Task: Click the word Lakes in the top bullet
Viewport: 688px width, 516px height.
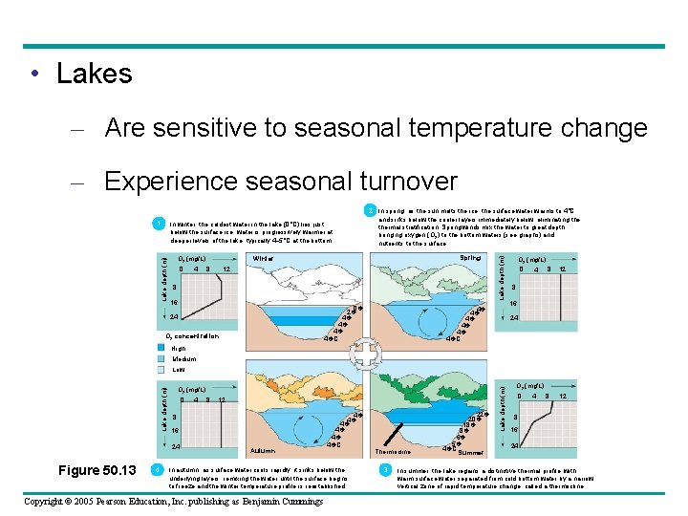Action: tap(94, 74)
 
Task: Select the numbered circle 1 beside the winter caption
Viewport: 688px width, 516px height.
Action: tap(158, 225)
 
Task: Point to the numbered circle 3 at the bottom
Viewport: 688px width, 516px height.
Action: tap(383, 469)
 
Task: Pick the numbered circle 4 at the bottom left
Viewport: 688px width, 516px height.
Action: tap(157, 469)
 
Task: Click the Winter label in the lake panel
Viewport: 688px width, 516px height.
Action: tap(264, 258)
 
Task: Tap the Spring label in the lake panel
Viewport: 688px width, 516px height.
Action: tap(470, 257)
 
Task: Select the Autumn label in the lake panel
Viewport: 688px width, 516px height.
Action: tap(263, 449)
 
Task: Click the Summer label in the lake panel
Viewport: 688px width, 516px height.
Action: tap(471, 451)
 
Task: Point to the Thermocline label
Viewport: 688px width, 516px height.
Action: tap(393, 451)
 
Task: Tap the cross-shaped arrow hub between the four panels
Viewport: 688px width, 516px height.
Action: tap(365, 355)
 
